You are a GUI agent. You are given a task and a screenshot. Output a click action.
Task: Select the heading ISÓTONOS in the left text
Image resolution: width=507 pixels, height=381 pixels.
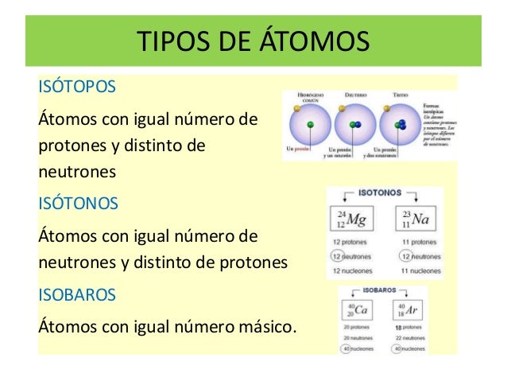(x=78, y=203)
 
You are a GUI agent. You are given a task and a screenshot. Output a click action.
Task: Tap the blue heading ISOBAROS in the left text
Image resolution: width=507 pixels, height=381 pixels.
(x=77, y=294)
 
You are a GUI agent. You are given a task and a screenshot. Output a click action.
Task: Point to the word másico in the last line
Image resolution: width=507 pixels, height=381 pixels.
(x=254, y=327)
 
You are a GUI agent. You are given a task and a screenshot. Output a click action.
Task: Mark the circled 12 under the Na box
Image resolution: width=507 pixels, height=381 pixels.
(x=404, y=257)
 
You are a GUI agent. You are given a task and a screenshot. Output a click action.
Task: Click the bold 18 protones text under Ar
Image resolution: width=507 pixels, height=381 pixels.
(x=405, y=327)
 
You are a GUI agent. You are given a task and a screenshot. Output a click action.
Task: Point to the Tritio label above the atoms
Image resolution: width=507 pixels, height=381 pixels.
(x=401, y=95)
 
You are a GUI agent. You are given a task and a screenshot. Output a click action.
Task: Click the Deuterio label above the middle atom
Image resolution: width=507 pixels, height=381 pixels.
(x=354, y=95)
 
